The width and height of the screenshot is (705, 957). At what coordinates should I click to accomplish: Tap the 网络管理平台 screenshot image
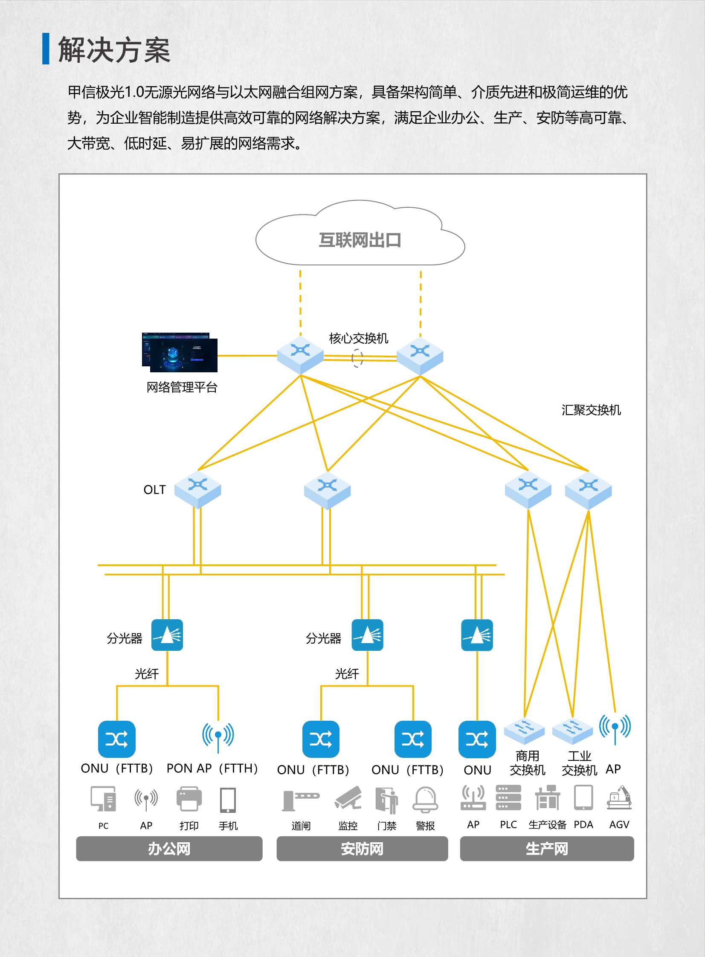point(180,352)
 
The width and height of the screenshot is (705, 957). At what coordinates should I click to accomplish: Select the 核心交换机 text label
point(359,338)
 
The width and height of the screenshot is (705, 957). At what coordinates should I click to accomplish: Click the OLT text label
point(154,490)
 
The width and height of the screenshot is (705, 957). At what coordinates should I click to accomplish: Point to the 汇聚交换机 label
point(591,410)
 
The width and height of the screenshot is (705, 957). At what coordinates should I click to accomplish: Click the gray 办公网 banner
point(169,849)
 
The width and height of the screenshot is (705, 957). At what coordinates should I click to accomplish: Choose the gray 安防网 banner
point(362,849)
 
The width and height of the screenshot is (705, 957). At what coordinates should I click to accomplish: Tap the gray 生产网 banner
point(547,849)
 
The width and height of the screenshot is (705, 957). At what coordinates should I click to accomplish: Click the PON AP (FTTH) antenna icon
point(218,737)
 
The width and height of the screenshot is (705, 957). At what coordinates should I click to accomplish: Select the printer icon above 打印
point(189,799)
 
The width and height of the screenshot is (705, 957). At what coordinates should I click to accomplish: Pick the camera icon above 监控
point(348,798)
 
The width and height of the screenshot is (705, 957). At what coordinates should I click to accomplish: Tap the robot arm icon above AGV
point(619,797)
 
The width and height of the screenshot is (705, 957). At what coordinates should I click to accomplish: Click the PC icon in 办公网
point(103,799)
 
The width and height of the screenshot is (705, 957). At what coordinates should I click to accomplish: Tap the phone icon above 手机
point(228,800)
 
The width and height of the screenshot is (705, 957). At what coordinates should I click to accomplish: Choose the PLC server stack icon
point(508,797)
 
